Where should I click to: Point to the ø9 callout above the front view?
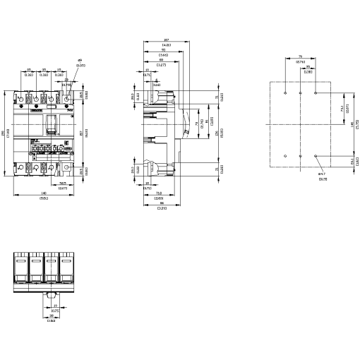coord(80,62)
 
